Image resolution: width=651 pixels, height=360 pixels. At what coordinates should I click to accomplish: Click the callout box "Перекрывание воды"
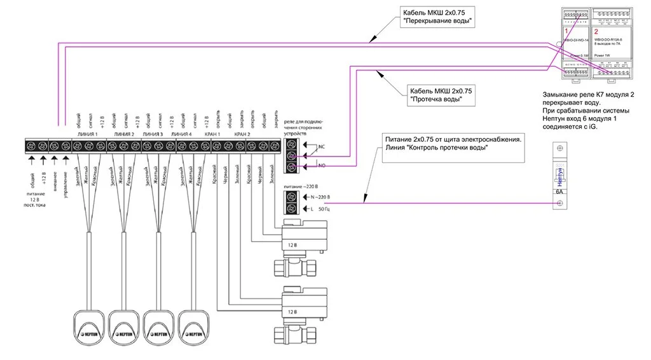pos(439,17)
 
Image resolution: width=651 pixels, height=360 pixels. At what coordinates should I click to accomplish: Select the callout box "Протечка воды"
pos(439,95)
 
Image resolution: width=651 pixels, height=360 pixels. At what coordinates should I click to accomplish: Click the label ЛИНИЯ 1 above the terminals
pos(87,135)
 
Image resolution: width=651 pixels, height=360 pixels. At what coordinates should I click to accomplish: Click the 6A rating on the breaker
pos(560,191)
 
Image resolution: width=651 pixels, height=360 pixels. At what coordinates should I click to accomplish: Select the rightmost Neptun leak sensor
pos(194,324)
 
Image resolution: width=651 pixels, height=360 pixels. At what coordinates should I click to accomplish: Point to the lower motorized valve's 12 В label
pos(291,312)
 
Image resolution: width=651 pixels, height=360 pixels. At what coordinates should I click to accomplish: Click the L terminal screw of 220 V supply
pos(291,209)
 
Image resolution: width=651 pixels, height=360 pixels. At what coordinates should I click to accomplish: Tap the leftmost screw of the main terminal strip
pos(31,146)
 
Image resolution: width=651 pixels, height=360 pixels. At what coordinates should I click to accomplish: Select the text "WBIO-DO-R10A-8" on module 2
pos(607,39)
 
